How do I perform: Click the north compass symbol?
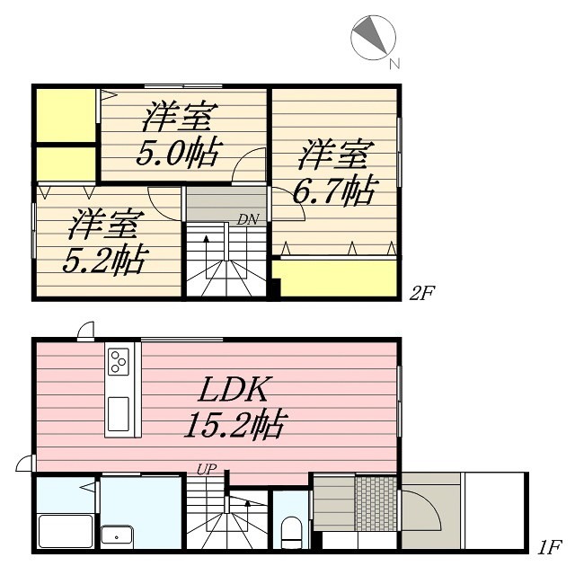pos(374,35)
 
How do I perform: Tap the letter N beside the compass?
pos(394,64)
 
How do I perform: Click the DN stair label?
pos(247,219)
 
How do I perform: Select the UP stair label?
pos(206,468)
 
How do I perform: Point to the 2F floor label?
pos(422,292)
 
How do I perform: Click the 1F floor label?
pos(549,546)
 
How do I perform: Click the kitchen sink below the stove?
pos(119,412)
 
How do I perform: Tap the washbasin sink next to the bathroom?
pos(116,535)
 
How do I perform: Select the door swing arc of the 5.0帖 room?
pos(246,166)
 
